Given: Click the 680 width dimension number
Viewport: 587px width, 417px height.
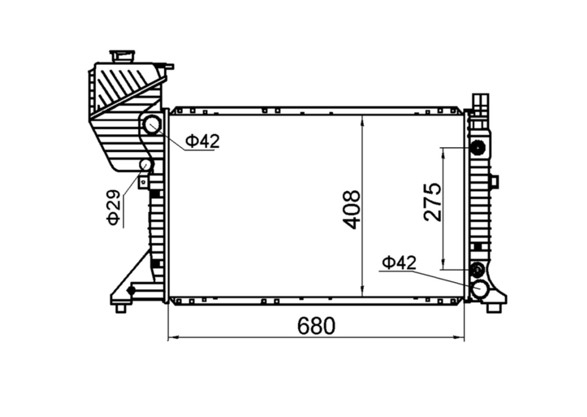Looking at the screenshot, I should point(316,326).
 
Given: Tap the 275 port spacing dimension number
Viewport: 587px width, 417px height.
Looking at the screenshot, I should point(432,202).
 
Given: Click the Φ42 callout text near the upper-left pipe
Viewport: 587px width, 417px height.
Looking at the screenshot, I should point(202,141).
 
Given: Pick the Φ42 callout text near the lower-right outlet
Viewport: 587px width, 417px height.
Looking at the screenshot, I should point(399,263).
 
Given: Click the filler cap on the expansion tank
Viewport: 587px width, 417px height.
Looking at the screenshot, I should point(122,56).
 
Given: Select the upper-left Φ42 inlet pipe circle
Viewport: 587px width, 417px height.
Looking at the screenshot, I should point(152,125).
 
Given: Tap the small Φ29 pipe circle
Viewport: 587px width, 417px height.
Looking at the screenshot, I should point(146,164).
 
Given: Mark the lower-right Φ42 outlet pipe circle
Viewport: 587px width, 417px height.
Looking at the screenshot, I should point(480,289).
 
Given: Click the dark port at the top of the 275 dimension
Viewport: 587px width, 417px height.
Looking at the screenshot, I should point(477,148).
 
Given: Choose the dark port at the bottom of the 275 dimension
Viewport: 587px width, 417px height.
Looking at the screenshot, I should point(477,270).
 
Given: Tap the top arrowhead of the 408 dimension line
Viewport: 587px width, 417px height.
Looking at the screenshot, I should point(363,119).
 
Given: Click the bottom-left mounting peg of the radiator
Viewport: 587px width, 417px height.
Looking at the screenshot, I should point(120,308).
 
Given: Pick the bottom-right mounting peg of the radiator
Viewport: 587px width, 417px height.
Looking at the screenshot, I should point(494,308).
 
